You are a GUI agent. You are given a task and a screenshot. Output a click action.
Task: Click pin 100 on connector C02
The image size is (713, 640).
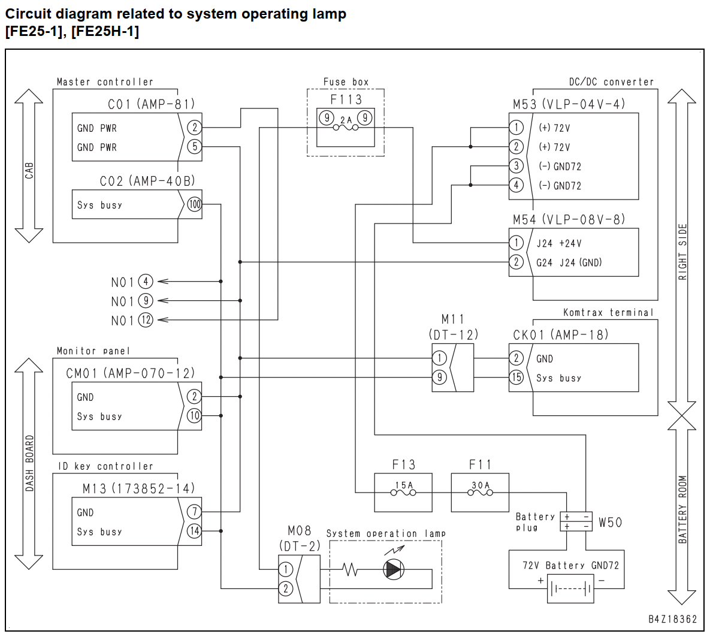point(195,204)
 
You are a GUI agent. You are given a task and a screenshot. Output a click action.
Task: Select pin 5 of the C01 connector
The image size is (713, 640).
point(195,146)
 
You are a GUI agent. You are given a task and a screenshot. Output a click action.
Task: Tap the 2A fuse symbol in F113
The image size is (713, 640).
point(346,127)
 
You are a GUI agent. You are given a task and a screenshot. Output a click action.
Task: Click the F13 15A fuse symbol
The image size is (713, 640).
point(403,492)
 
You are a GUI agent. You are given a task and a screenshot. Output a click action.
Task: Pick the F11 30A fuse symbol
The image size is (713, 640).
point(480,492)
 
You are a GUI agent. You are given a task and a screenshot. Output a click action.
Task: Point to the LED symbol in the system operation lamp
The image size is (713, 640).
point(393,569)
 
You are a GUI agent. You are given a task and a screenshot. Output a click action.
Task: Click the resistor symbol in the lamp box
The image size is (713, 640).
point(350,569)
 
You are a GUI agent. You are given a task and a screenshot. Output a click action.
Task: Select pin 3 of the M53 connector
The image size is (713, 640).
point(516,165)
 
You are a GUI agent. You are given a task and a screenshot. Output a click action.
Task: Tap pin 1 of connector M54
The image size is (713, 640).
point(516,243)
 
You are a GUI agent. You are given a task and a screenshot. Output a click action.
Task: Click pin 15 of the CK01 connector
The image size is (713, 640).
point(516,377)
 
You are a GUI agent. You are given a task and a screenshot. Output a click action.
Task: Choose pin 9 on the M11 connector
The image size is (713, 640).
point(439,377)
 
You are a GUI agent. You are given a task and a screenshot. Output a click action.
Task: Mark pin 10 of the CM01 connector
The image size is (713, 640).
point(194,415)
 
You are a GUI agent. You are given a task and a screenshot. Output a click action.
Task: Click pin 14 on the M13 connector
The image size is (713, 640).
point(194,531)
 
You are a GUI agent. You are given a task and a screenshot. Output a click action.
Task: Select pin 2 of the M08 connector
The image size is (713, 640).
point(286,588)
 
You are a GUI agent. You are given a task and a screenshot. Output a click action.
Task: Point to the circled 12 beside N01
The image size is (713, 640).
point(146,320)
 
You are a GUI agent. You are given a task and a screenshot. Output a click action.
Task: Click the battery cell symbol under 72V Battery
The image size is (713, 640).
point(570,590)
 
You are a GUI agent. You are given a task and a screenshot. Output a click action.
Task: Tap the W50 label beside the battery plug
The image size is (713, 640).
point(610,522)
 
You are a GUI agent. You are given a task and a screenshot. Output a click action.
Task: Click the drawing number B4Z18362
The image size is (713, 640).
point(672,619)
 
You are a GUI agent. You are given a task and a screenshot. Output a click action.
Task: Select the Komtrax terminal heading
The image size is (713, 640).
point(608,312)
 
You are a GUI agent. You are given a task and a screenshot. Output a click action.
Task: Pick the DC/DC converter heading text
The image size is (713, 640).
point(611,82)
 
